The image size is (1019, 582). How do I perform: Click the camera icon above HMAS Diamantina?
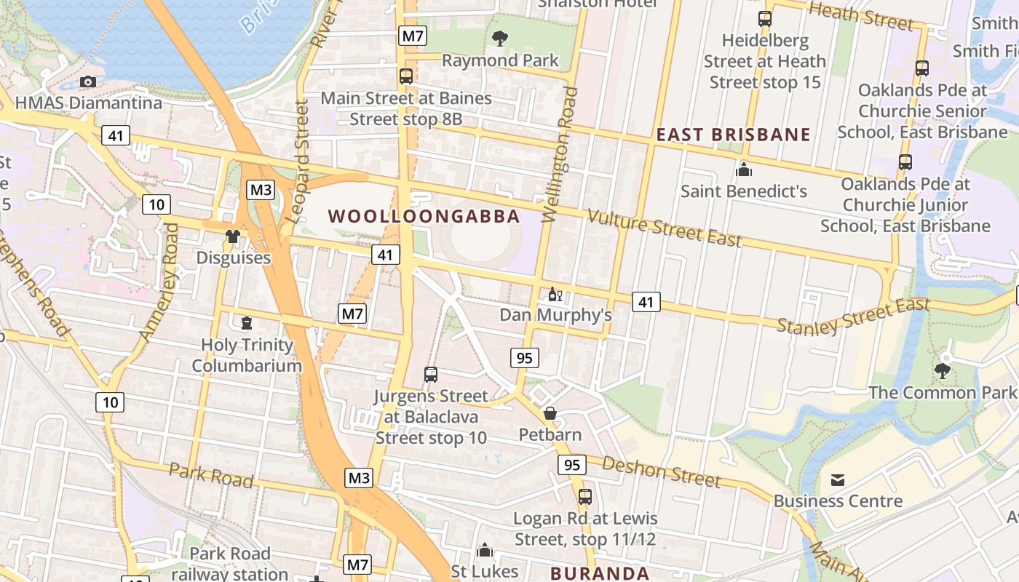[88, 81]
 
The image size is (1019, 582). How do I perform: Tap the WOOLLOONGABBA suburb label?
[424, 216]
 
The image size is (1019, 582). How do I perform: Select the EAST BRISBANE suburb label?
[733, 135]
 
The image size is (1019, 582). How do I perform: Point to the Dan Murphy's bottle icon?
[555, 295]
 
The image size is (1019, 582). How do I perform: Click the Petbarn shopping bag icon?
[550, 413]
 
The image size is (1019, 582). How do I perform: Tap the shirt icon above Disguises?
[233, 236]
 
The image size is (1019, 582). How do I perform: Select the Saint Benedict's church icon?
[743, 170]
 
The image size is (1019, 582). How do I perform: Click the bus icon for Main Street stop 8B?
[406, 76]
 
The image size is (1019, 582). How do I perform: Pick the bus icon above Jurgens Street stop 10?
[431, 375]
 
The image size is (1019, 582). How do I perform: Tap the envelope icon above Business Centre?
[838, 479]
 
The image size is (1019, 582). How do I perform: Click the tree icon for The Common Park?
[943, 371]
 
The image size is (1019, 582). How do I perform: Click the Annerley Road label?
[159, 282]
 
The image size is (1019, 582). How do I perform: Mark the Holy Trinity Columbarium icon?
[247, 322]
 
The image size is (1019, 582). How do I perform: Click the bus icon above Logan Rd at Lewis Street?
[585, 497]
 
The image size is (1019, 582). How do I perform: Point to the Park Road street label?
[211, 475]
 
